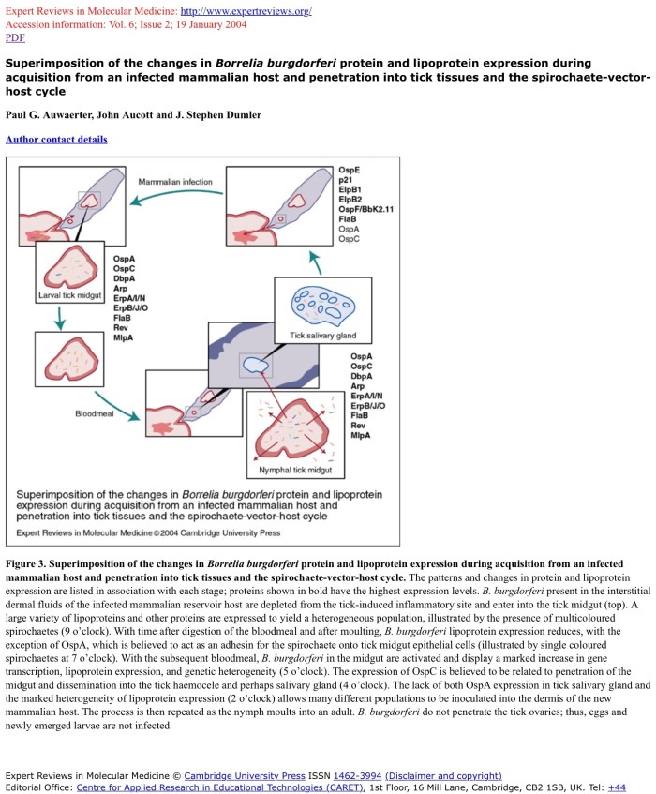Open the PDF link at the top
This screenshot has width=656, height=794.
point(15,38)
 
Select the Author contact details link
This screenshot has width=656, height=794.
point(56,140)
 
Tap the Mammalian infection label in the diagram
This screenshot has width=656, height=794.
point(175,181)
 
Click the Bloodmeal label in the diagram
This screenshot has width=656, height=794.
point(95,412)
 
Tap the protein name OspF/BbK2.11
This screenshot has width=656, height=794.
point(365,208)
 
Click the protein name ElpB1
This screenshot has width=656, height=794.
point(350,189)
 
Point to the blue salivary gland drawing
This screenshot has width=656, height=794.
point(322,304)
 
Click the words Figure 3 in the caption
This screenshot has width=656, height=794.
point(26,564)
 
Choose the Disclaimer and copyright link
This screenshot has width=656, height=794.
point(443,776)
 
